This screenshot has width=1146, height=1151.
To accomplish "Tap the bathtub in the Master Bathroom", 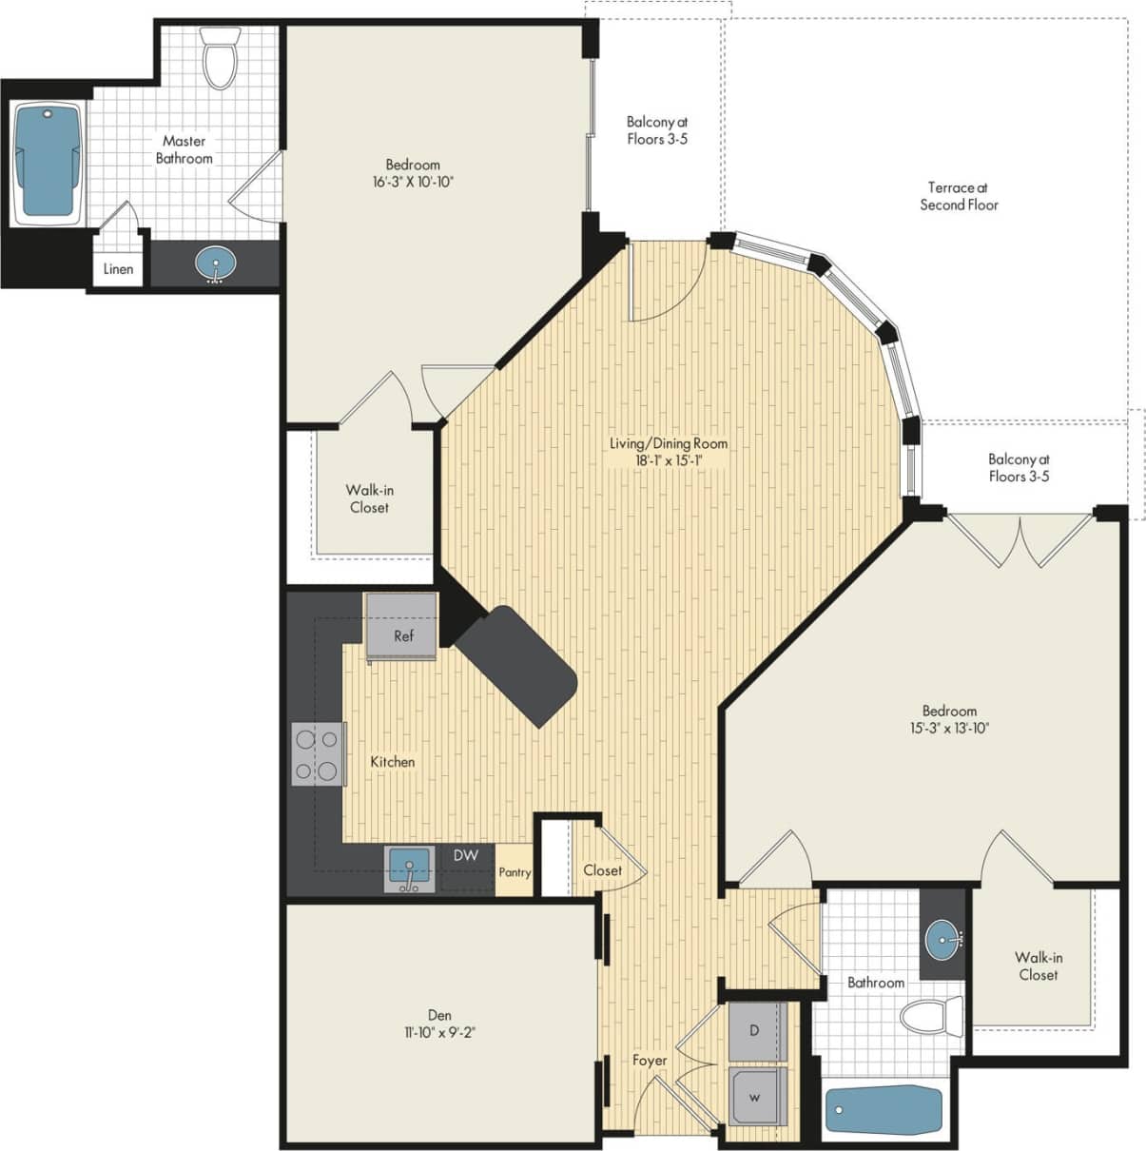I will pyautogui.click(x=47, y=163).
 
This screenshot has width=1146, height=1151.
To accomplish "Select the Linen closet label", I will pyautogui.click(x=118, y=269).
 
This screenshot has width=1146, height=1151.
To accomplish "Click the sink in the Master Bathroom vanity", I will pyautogui.click(x=217, y=263).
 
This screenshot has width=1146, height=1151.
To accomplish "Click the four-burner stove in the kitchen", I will pyautogui.click(x=318, y=753).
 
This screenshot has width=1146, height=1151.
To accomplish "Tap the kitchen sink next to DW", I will pyautogui.click(x=410, y=869).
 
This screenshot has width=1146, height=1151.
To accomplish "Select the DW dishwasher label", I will pyautogui.click(x=465, y=856).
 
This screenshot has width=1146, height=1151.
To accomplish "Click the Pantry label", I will pyautogui.click(x=515, y=872).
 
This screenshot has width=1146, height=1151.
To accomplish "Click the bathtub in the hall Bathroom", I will pyautogui.click(x=884, y=1109).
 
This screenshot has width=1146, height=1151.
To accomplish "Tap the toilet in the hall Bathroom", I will pyautogui.click(x=931, y=1017).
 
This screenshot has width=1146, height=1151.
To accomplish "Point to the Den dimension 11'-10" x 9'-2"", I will pyautogui.click(x=439, y=1031).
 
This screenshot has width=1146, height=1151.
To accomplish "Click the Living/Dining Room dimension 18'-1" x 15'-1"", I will pyautogui.click(x=669, y=460).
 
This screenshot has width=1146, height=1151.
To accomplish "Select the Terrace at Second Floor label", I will pyautogui.click(x=959, y=196).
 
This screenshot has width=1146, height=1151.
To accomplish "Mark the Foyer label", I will pyautogui.click(x=650, y=1060).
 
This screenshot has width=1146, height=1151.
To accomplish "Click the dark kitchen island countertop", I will pyautogui.click(x=518, y=664).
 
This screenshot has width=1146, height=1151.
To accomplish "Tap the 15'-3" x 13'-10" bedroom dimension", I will pyautogui.click(x=949, y=729).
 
